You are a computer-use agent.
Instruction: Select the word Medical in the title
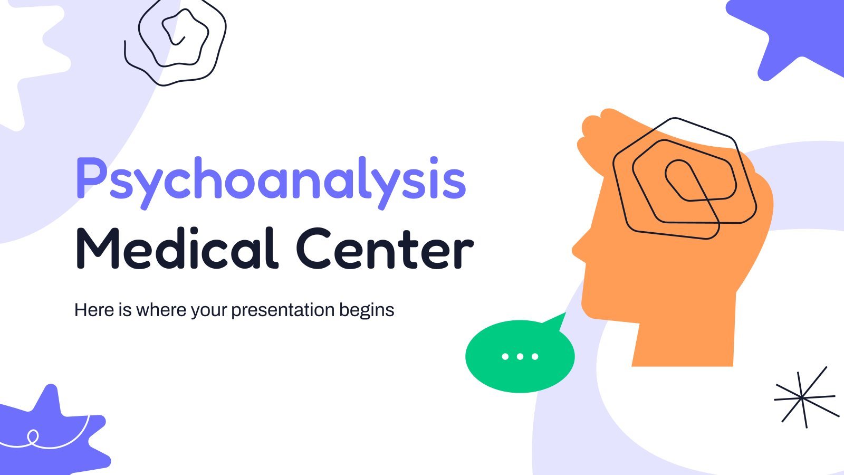tap(177, 249)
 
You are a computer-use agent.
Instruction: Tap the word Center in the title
tap(385, 249)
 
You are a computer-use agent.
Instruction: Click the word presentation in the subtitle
tap(283, 311)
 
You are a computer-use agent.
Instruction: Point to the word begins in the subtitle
tap(367, 311)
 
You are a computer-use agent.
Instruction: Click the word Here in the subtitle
tap(94, 310)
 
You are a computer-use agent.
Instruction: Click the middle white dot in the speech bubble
tap(520, 356)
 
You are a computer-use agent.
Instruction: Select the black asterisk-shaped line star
tap(805, 397)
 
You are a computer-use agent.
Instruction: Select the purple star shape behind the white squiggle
tap(53, 433)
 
